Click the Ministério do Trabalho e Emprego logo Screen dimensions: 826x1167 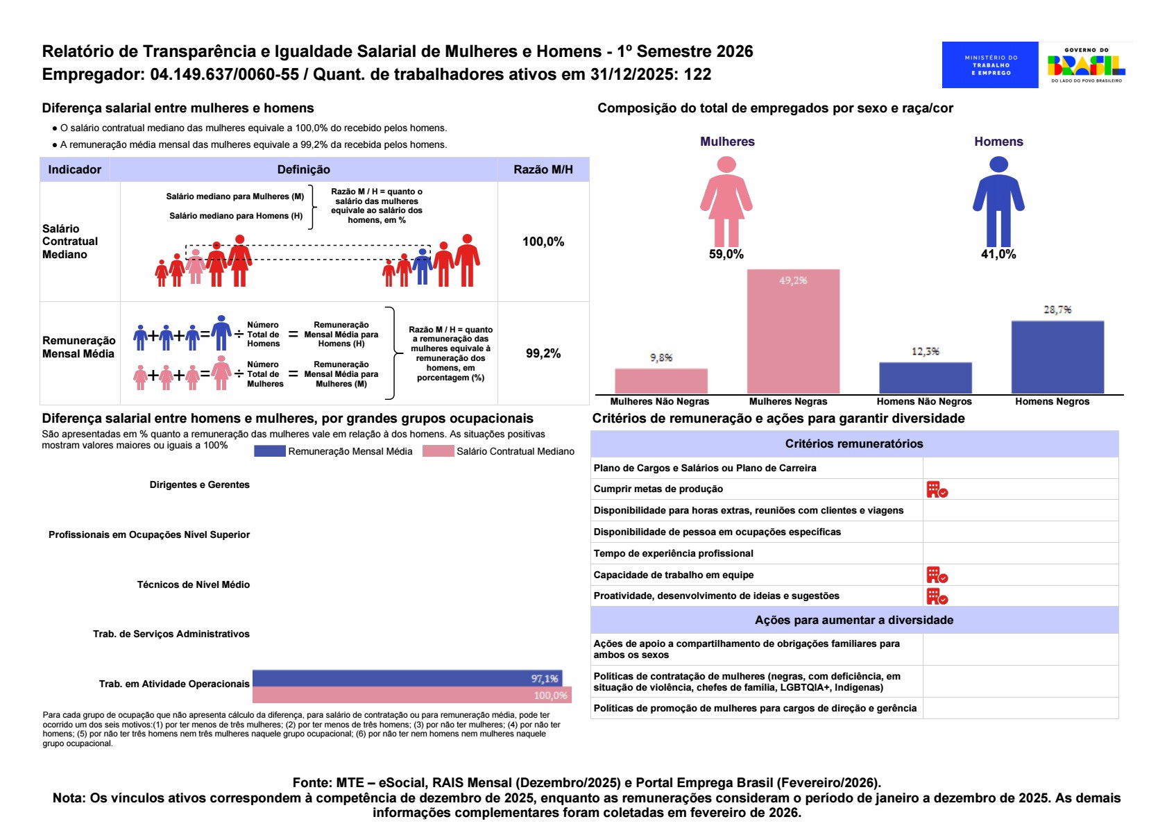coord(989,65)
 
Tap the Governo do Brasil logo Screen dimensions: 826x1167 coord(1086,65)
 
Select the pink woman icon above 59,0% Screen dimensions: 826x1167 coord(726,201)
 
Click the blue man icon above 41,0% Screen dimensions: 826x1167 coord(998,201)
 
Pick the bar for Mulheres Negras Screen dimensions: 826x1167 coord(793,332)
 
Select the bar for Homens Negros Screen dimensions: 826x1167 coord(1057,357)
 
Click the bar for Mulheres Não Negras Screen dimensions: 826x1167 coord(661,381)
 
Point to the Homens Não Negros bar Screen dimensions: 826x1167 coord(925,378)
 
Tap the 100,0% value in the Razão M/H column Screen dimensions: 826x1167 coord(543,242)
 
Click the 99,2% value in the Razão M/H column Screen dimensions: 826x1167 coord(543,353)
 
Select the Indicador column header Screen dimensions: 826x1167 coord(74,169)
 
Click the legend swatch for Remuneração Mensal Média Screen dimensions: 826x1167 coord(269,451)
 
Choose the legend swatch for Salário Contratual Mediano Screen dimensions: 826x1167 coord(438,451)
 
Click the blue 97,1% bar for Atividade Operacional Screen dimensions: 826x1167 coord(407,678)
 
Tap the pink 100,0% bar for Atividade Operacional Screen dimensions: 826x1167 coord(411,695)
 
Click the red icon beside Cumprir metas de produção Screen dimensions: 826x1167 coord(937,490)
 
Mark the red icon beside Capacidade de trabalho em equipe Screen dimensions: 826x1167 coord(937,575)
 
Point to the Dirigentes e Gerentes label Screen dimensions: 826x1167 coord(199,484)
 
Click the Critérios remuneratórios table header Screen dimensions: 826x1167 coord(853,444)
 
